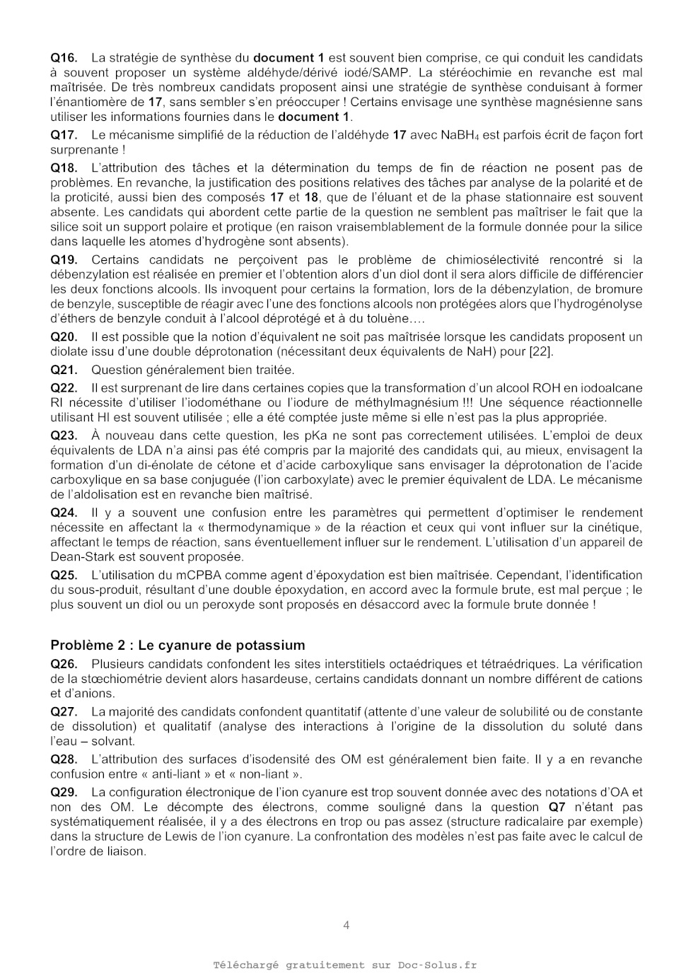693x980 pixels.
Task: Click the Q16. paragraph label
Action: point(64,58)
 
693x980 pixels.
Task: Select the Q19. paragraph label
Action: point(64,260)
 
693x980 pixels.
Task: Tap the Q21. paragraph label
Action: point(64,370)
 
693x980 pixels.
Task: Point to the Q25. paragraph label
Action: point(64,576)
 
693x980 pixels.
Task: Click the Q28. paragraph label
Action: point(64,759)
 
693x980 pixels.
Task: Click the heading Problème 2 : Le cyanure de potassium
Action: point(177,645)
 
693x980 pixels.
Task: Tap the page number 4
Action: point(346,925)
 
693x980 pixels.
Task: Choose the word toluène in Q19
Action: point(386,318)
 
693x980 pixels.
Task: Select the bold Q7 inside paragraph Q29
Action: point(557,807)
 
